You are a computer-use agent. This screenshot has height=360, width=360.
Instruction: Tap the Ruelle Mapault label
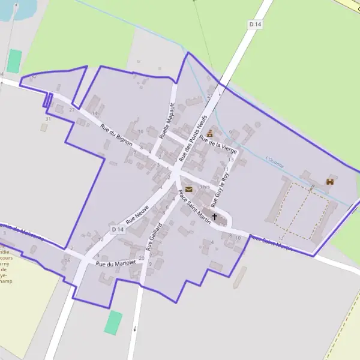click(x=167, y=120)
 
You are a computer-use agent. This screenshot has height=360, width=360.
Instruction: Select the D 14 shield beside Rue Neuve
click(x=118, y=230)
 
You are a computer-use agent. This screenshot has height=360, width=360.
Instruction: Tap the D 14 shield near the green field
click(x=255, y=24)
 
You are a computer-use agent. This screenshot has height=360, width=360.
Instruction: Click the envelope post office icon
click(x=189, y=190)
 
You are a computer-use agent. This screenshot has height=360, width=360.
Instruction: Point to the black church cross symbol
click(x=214, y=216)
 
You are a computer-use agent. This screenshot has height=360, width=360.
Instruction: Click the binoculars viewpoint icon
click(x=329, y=181)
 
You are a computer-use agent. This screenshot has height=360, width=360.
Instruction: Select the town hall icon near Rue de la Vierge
click(x=209, y=133)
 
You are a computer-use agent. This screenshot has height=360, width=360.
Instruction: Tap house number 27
click(x=72, y=110)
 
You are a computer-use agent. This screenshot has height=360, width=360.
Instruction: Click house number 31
click(x=47, y=119)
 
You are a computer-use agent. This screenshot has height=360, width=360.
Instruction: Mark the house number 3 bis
click(x=205, y=187)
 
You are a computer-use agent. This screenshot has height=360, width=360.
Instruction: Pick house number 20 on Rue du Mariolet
click(x=141, y=258)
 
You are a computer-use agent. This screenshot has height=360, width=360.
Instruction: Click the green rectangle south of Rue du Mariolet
click(x=113, y=323)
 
